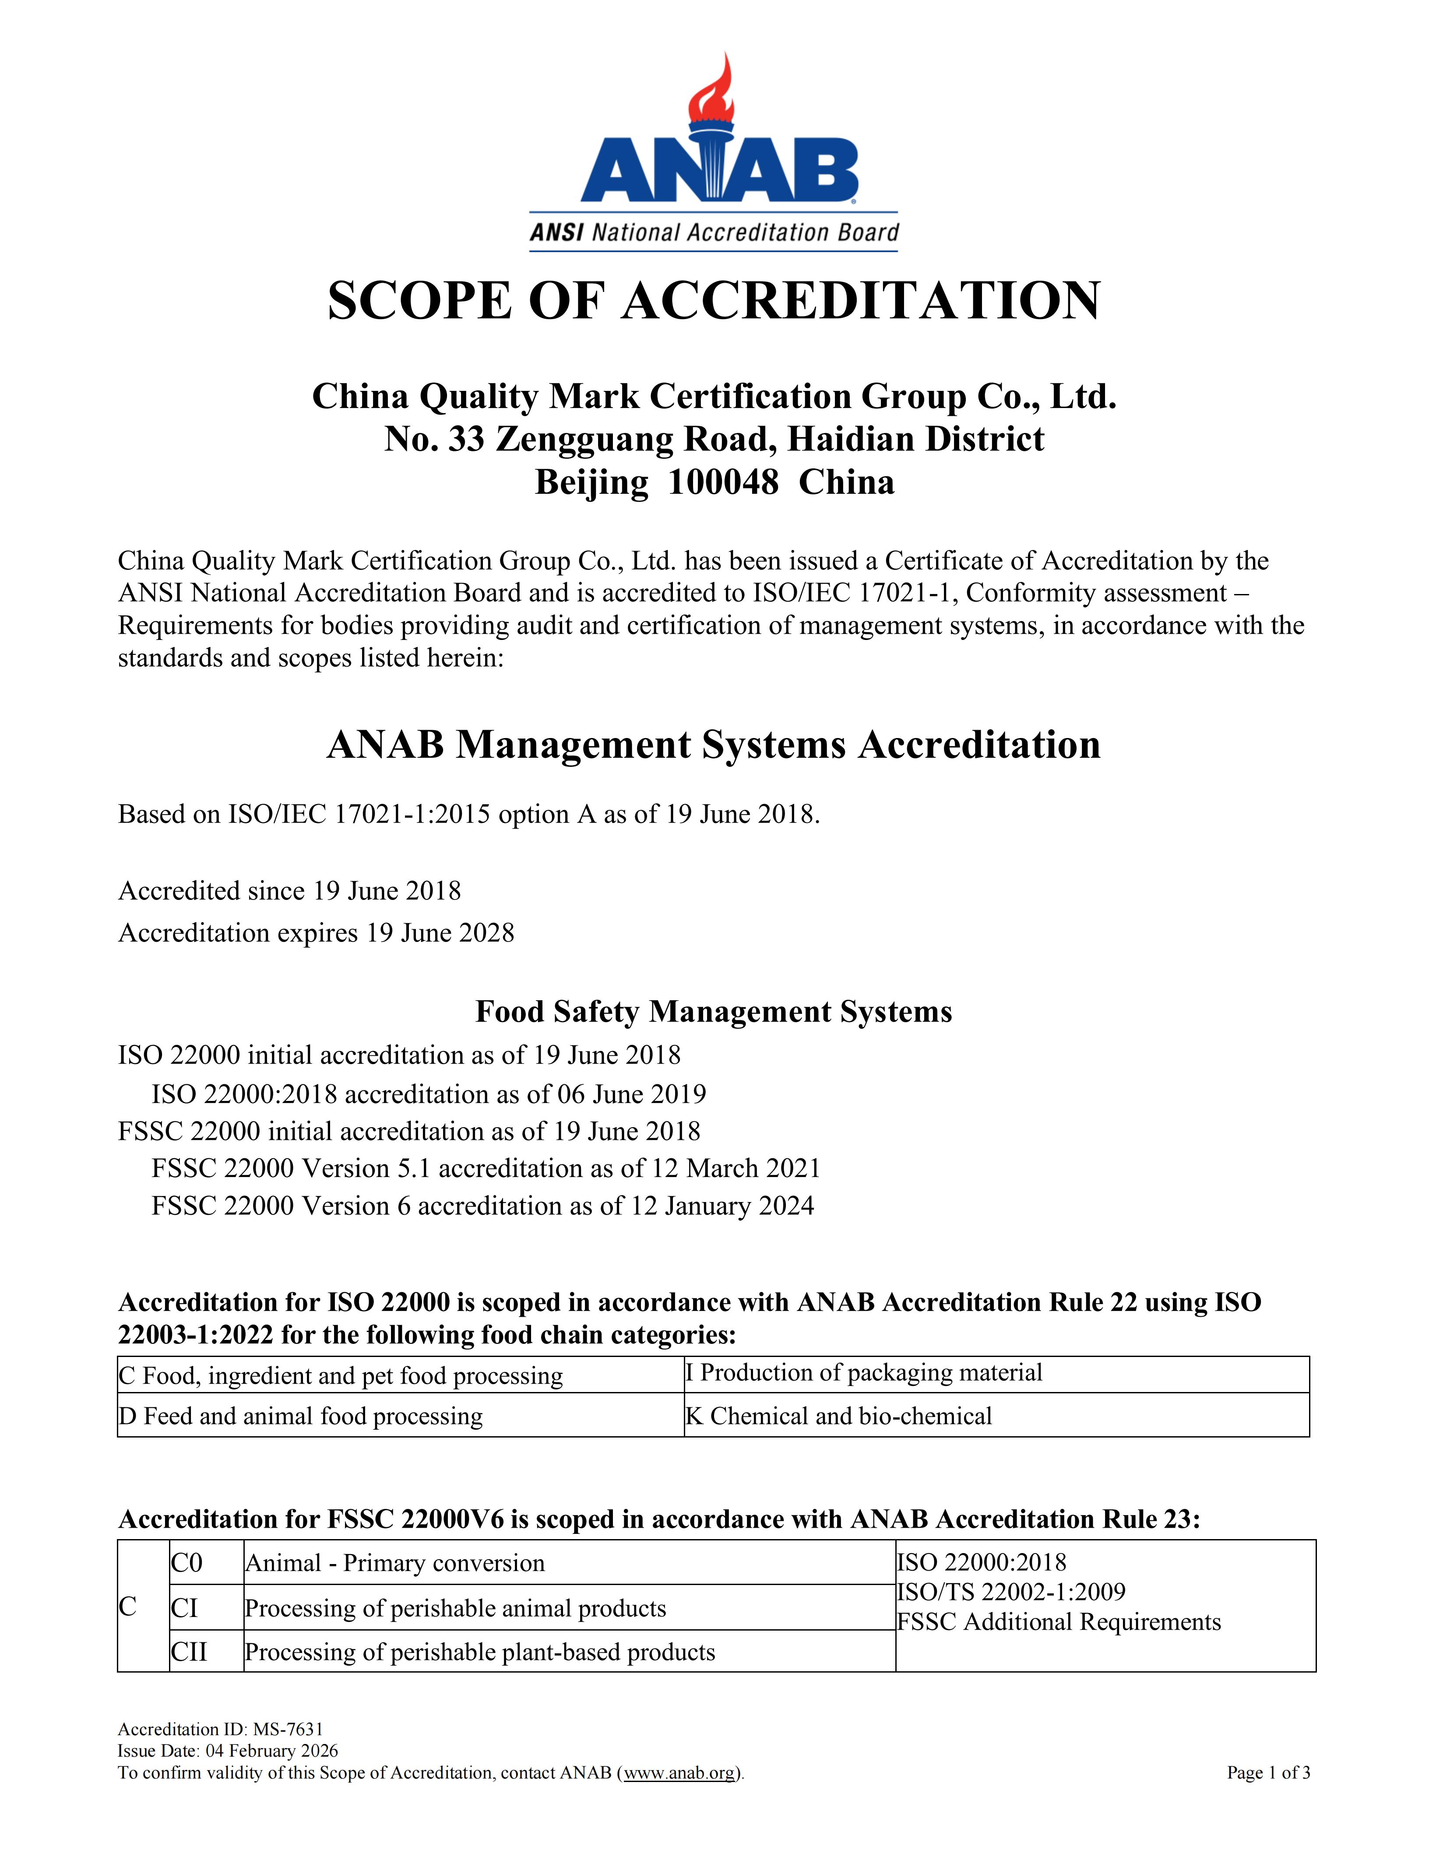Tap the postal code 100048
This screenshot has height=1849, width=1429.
[x=722, y=482]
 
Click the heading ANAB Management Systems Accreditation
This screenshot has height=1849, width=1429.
[x=714, y=745]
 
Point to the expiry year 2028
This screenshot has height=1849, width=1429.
[x=486, y=933]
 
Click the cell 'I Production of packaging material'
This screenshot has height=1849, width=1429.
[x=863, y=1373]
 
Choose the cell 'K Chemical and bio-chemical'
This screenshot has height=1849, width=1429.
[x=838, y=1417]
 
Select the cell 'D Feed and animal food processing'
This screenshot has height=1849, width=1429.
[x=300, y=1417]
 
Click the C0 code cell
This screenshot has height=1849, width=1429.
[x=187, y=1563]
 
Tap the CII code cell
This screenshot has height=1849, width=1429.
[x=189, y=1652]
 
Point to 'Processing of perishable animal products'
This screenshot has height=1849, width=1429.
[x=455, y=1609]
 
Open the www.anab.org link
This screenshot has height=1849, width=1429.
[x=680, y=1773]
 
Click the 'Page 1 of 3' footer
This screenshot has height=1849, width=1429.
[x=1267, y=1773]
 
